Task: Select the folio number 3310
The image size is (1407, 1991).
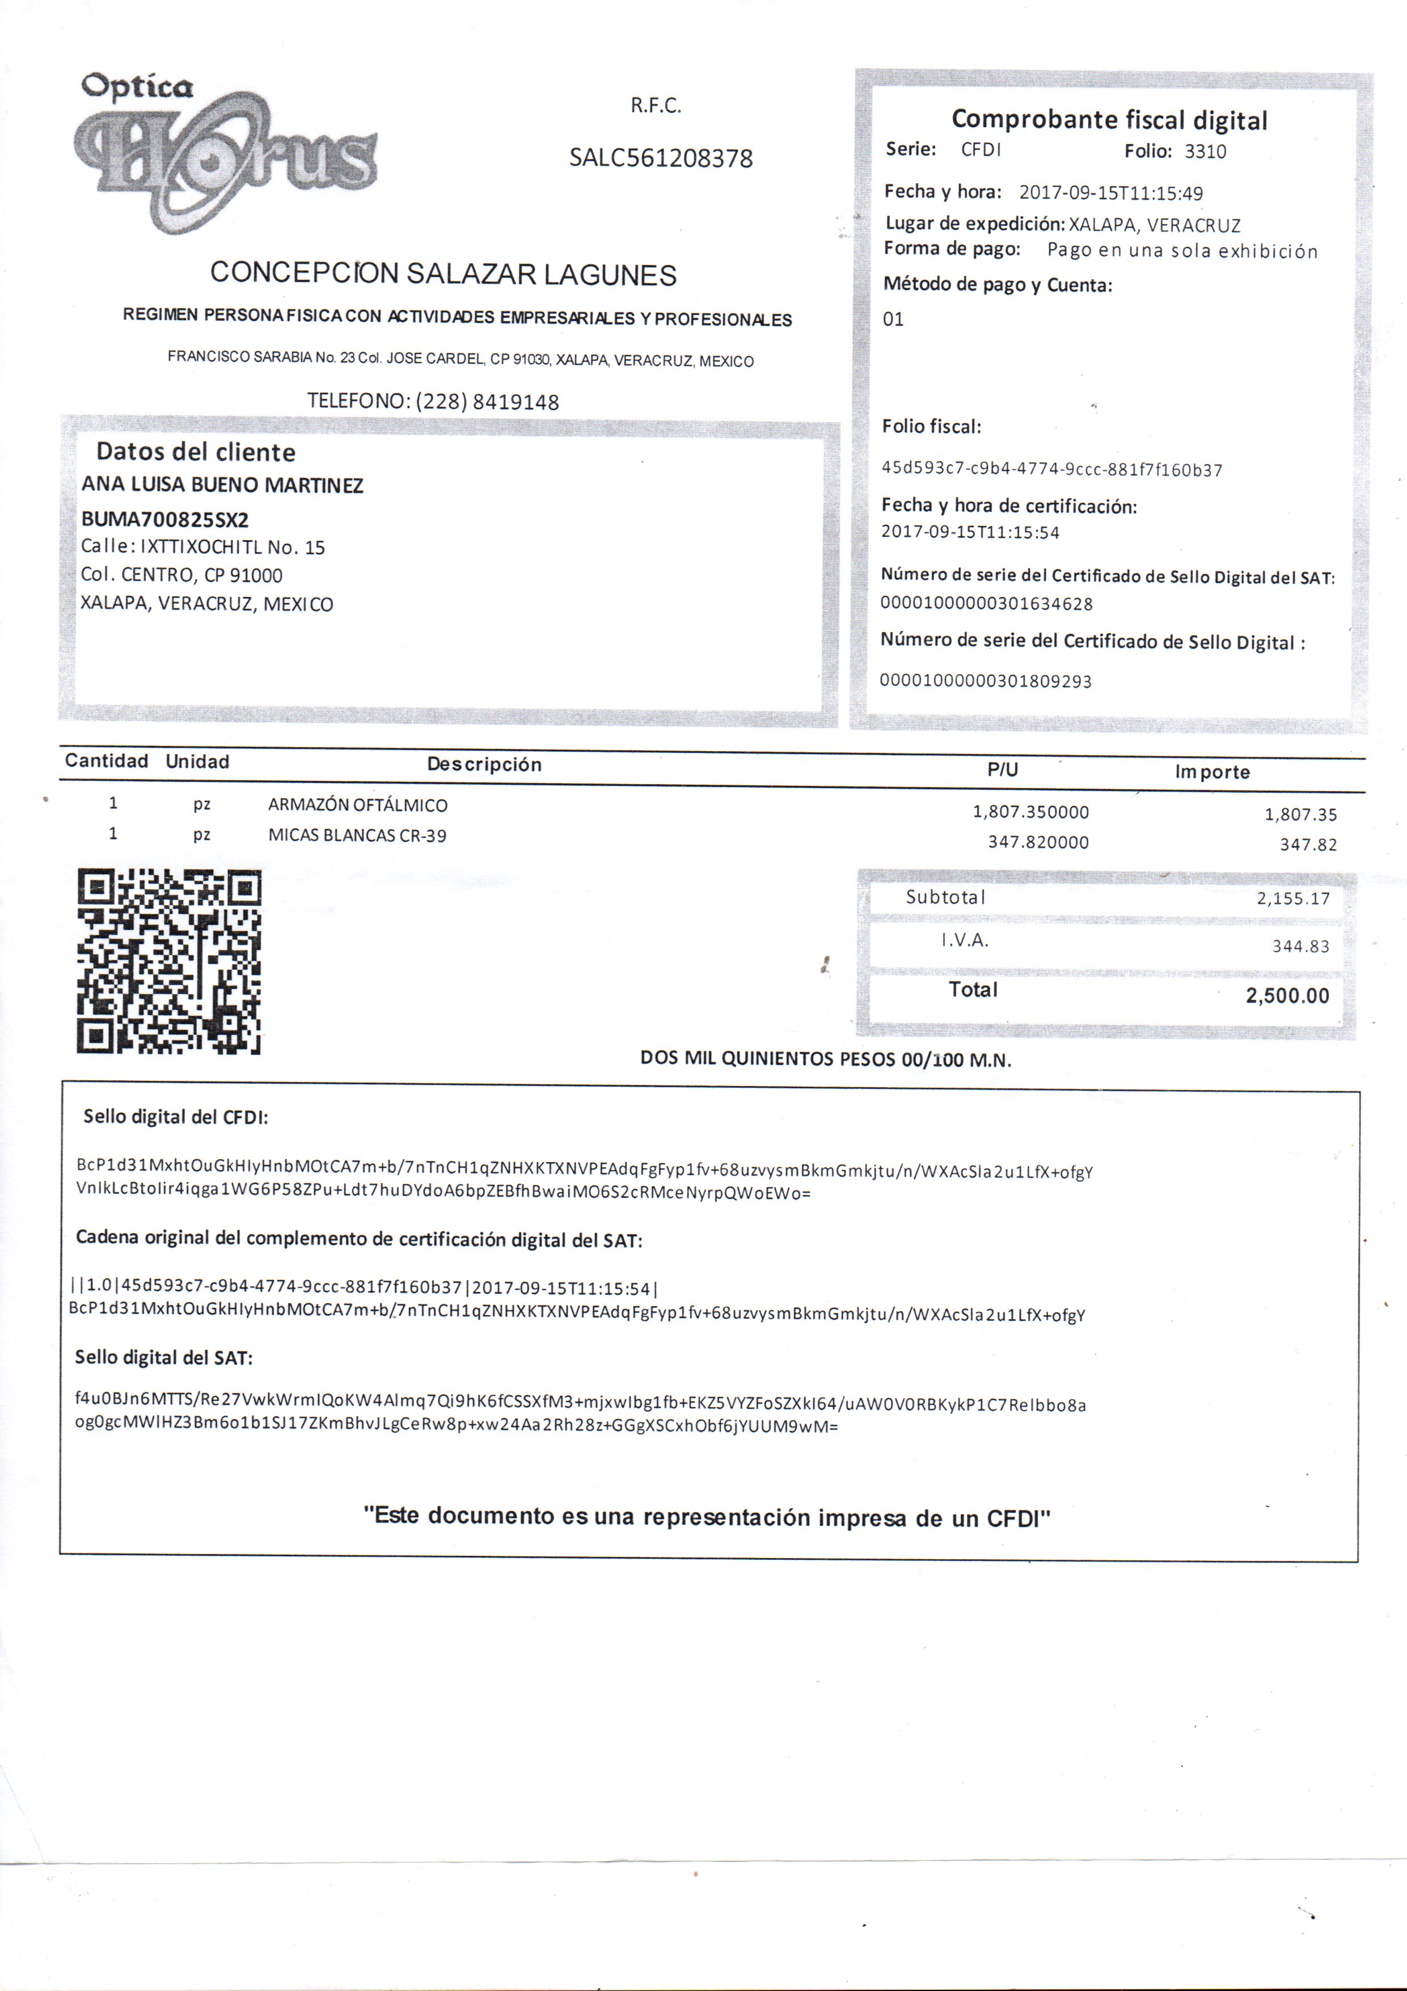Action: tap(1205, 151)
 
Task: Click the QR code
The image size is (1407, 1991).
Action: tap(169, 961)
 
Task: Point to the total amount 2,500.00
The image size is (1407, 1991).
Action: tap(1287, 995)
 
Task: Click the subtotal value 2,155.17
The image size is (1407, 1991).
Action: tap(1292, 898)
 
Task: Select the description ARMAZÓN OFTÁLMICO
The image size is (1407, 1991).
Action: tap(357, 805)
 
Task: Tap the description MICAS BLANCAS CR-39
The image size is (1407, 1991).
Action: tap(357, 836)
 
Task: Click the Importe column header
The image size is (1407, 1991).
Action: tap(1212, 772)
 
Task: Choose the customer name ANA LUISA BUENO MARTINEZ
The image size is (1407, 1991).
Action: tap(222, 485)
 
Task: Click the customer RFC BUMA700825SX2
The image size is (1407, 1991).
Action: tap(164, 519)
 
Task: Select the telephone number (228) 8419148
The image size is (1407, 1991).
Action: tap(487, 402)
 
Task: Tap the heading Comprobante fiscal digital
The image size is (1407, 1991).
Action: tap(1109, 120)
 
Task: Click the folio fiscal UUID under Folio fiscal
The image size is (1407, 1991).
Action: tap(1051, 470)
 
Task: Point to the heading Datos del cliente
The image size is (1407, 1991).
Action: tap(195, 452)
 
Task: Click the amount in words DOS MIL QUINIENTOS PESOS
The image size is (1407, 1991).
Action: tap(825, 1059)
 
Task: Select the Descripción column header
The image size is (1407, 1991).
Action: tap(484, 764)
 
